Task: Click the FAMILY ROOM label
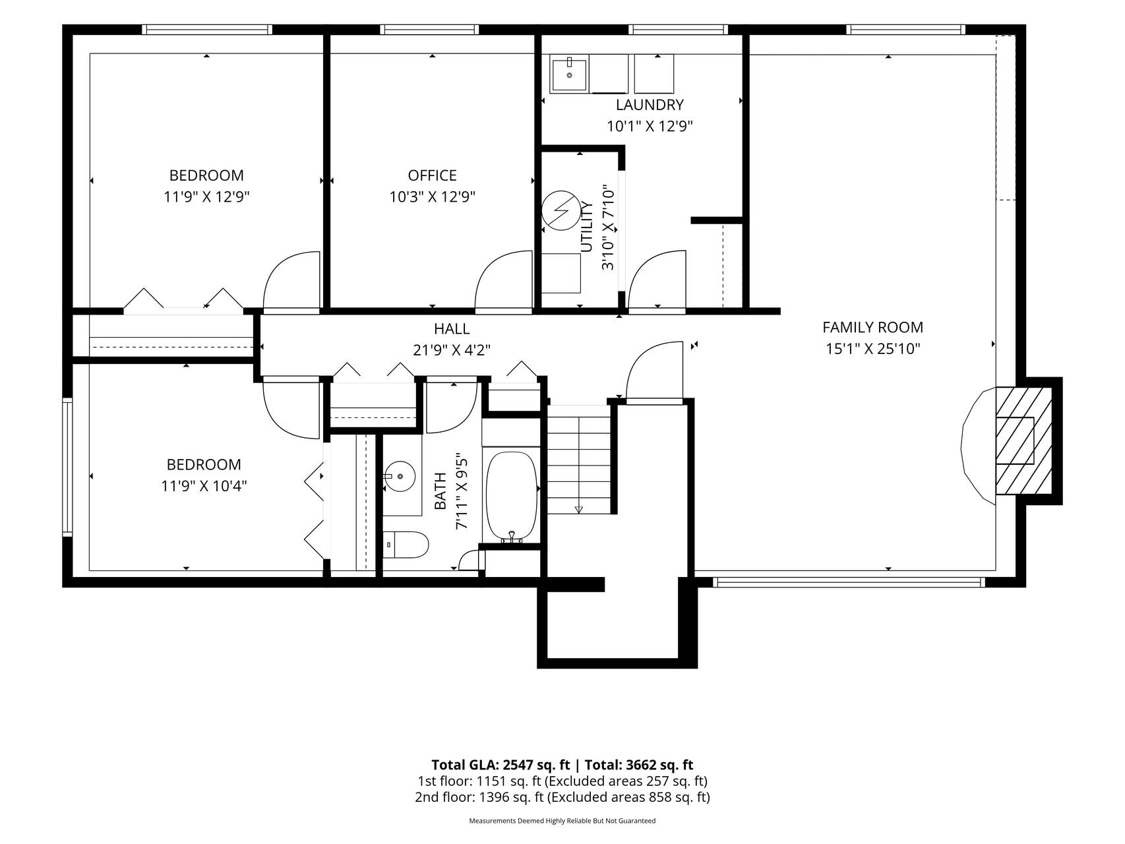(x=872, y=327)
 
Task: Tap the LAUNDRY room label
(x=650, y=104)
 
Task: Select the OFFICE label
(x=432, y=175)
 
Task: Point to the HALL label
(x=452, y=328)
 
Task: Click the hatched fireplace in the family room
(x=1023, y=441)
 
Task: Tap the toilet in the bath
(x=405, y=545)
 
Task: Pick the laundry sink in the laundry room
(x=569, y=74)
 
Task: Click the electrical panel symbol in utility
(x=559, y=211)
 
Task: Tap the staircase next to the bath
(x=579, y=460)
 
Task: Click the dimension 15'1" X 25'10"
(x=872, y=349)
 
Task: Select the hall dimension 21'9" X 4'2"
(x=452, y=350)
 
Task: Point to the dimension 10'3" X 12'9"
(x=432, y=196)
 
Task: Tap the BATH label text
(x=440, y=491)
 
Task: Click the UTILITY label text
(x=586, y=227)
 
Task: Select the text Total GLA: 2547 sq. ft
(x=501, y=765)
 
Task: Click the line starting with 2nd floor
(x=562, y=797)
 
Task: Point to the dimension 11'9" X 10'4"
(x=204, y=486)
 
